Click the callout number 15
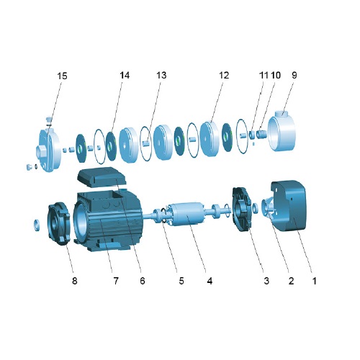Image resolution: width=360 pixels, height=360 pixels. coord(62,76)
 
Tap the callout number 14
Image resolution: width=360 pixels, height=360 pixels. coord(125,76)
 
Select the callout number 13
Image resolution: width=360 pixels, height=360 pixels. coord(161,76)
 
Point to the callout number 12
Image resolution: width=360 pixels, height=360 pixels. coord(224,76)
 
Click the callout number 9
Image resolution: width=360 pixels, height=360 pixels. coord(294,76)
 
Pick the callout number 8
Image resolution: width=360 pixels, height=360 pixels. coord(75,281)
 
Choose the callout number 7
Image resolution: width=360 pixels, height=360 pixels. coord(116,281)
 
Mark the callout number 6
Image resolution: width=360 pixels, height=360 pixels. coord(143,281)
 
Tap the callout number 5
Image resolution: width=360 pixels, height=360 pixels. coord(181,281)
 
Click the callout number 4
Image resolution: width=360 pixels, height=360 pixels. coord(210,281)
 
